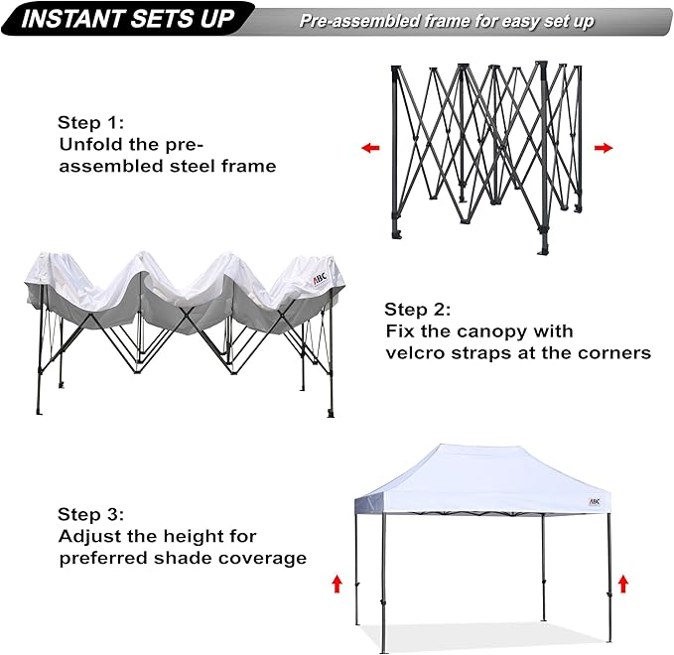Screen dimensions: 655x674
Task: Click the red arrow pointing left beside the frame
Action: (x=370, y=148)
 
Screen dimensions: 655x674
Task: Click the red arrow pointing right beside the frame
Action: (x=603, y=148)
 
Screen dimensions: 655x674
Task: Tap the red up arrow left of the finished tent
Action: (x=337, y=583)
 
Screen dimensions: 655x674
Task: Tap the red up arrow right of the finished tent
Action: (x=623, y=583)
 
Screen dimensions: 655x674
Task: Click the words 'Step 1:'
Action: (x=90, y=123)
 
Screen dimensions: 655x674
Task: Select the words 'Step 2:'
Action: (x=419, y=309)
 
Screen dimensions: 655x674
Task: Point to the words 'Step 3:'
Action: (x=90, y=514)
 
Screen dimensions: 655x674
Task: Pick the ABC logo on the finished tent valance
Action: (x=594, y=501)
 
